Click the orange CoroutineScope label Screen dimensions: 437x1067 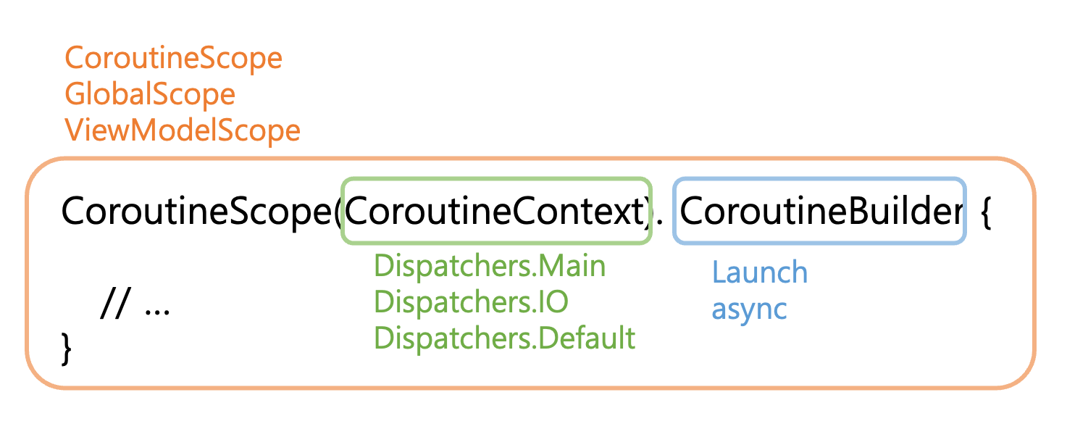[173, 58]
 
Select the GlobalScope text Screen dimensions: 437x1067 [150, 94]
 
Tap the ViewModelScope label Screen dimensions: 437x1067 [183, 130]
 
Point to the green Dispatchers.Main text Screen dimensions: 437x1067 [489, 266]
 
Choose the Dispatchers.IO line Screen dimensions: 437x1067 [471, 302]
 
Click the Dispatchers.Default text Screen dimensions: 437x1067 [504, 338]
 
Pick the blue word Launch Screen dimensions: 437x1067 [759, 272]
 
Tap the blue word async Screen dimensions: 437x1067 [749, 309]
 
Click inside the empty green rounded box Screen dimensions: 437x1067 [496, 210]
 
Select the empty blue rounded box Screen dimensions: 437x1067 [819, 210]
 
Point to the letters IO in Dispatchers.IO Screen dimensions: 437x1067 [552, 302]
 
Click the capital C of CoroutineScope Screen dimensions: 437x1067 [75, 58]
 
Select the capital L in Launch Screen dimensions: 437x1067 [719, 272]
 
